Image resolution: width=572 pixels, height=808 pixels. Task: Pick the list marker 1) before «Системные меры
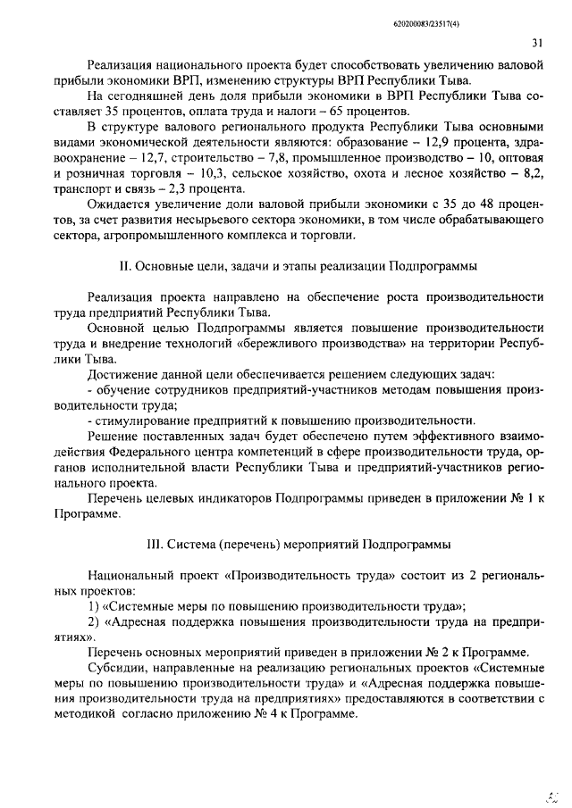pos(93,606)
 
